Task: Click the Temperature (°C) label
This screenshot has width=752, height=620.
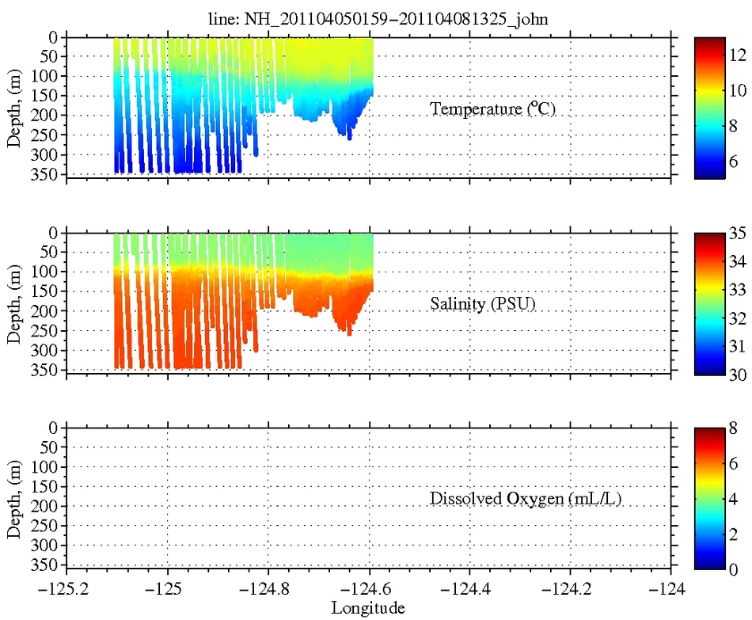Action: pos(492,109)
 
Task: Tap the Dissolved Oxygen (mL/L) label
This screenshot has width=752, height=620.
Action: pos(502,499)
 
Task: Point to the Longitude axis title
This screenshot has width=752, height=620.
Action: pos(368,608)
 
